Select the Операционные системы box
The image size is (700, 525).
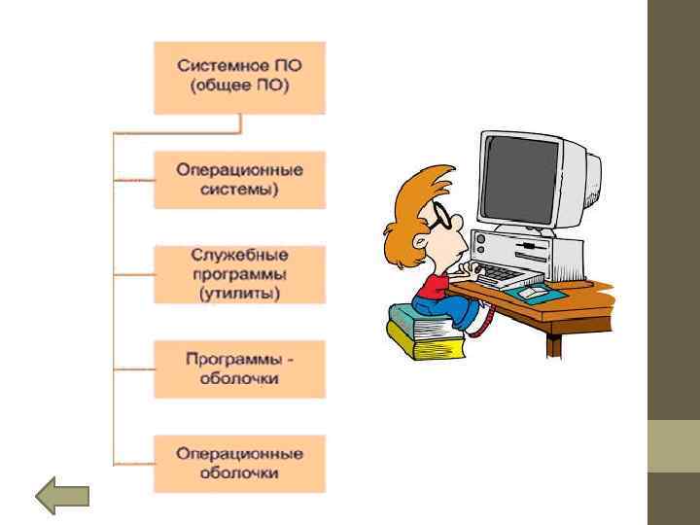pos(239,180)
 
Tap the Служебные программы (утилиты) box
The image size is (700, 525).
pos(239,274)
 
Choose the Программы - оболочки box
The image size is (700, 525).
pos(239,368)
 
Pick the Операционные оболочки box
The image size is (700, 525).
pos(239,464)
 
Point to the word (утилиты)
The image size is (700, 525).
pos(239,292)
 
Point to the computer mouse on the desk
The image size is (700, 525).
pos(532,292)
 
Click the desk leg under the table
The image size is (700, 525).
pos(555,341)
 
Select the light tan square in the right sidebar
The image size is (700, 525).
pos(673,445)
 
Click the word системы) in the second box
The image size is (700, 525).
pos(239,189)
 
